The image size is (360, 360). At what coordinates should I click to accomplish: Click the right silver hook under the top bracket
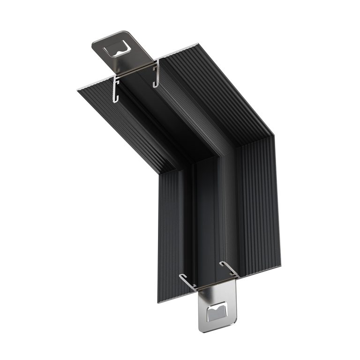156,73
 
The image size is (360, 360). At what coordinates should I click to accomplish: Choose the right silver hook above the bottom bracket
230,270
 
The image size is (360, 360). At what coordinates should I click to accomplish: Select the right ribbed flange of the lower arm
260,202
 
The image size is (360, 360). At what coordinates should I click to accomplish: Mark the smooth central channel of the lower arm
209,220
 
